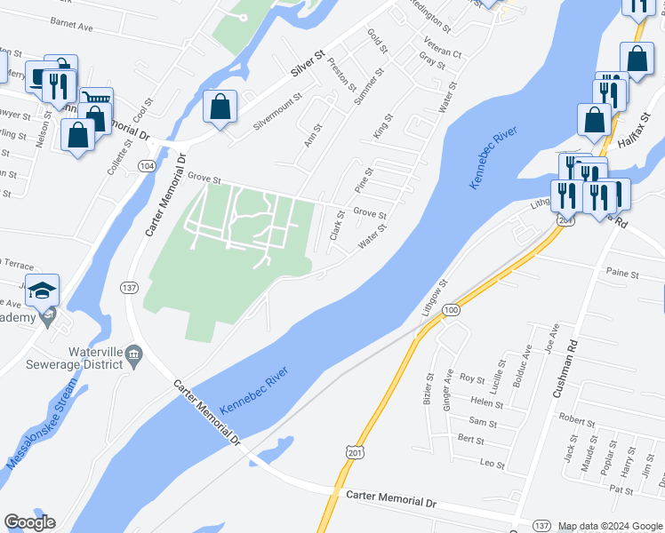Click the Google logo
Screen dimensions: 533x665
point(29,522)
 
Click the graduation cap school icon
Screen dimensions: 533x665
point(42,290)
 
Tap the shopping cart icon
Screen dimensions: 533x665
point(96,100)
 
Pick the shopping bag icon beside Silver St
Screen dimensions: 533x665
point(220,107)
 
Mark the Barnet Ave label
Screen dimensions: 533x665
point(72,26)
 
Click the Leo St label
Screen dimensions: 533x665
point(492,465)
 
